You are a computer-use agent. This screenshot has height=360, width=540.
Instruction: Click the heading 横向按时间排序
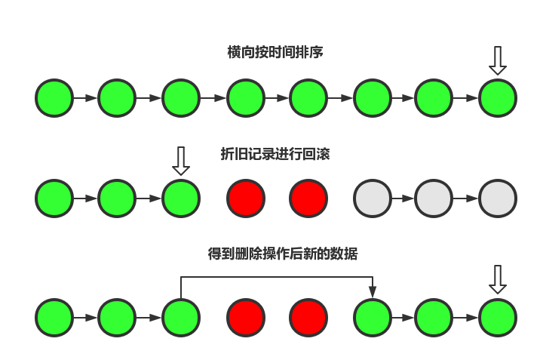tap(275, 52)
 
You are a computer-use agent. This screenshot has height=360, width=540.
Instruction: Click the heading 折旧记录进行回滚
tap(275, 154)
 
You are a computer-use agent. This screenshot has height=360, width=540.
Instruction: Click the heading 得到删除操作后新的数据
tap(283, 254)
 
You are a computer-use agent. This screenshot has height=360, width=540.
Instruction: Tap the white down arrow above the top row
tap(497, 60)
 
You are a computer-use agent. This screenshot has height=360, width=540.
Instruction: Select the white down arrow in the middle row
tap(180, 161)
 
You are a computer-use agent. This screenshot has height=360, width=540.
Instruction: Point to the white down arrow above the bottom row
tap(497, 278)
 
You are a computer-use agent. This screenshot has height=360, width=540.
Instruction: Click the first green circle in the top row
tap(54, 98)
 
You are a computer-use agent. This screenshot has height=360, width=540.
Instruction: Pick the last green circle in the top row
tap(497, 98)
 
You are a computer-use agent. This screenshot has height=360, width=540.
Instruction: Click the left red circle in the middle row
tap(246, 198)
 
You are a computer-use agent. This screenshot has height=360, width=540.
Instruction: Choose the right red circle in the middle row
tap(308, 198)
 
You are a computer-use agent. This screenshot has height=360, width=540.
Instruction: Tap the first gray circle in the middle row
tap(373, 198)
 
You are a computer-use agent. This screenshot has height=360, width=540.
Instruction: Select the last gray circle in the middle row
tap(497, 198)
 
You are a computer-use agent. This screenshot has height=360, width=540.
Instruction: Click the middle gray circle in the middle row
tap(434, 198)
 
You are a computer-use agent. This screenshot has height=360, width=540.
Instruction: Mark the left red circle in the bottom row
tap(246, 318)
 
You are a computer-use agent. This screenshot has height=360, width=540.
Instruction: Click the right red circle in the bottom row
tap(308, 318)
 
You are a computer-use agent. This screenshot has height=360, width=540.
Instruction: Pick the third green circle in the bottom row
tap(180, 318)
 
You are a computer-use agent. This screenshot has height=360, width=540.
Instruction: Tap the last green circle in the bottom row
tap(497, 318)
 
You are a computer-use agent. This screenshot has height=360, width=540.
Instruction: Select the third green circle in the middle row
tap(180, 198)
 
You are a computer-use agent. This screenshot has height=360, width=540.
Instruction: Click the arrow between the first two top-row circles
tap(85, 98)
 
